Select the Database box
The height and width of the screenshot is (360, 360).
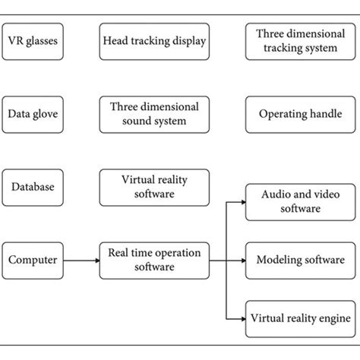pos(32,187)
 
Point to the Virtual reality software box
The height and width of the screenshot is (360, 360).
pos(154,187)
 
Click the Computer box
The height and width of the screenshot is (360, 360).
pos(32,260)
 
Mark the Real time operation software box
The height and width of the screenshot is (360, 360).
pos(154,260)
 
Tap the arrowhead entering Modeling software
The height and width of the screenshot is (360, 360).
pos(242,260)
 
